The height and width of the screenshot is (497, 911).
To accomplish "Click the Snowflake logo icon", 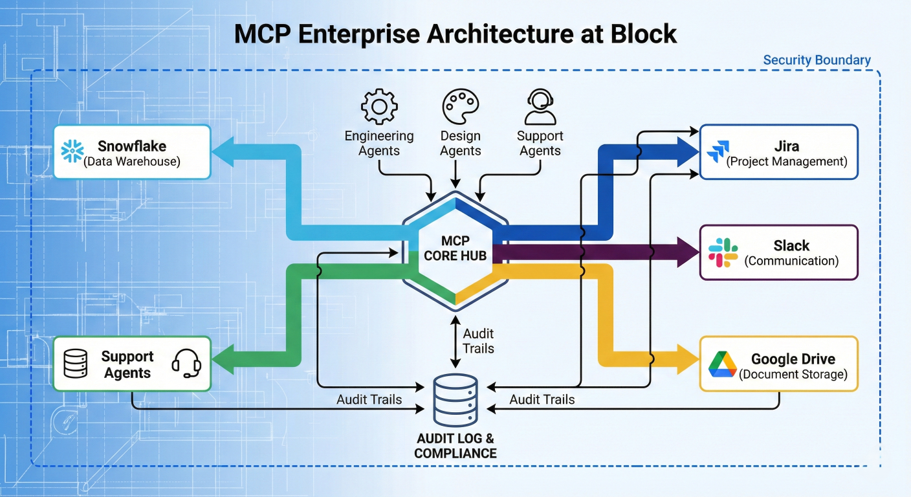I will [x=72, y=151].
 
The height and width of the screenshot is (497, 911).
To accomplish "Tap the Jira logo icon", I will [x=717, y=152].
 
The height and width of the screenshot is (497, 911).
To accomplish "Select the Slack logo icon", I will [x=723, y=252].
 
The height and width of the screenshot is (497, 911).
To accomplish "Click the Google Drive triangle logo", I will [x=722, y=364].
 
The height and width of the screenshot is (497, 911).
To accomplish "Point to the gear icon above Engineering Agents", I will [x=379, y=107].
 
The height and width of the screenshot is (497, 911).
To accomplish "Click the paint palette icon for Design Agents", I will [x=460, y=107].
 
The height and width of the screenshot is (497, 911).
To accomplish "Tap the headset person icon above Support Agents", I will [x=540, y=107].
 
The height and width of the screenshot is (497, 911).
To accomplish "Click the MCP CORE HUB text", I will [x=455, y=248].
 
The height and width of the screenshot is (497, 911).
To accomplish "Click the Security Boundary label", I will [x=817, y=60].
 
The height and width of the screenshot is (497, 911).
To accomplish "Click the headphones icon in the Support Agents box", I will [x=186, y=364].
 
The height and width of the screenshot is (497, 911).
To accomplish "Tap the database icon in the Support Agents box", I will [x=75, y=364].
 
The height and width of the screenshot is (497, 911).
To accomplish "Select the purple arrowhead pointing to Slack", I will [x=687, y=252].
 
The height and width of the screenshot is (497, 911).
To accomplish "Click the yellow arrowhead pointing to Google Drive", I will [x=687, y=359].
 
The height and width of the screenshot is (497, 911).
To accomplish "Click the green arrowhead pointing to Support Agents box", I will [x=223, y=359].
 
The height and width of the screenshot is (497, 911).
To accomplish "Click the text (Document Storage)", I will [x=793, y=374].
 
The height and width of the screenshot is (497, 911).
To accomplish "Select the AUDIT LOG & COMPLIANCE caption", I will [x=455, y=447].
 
